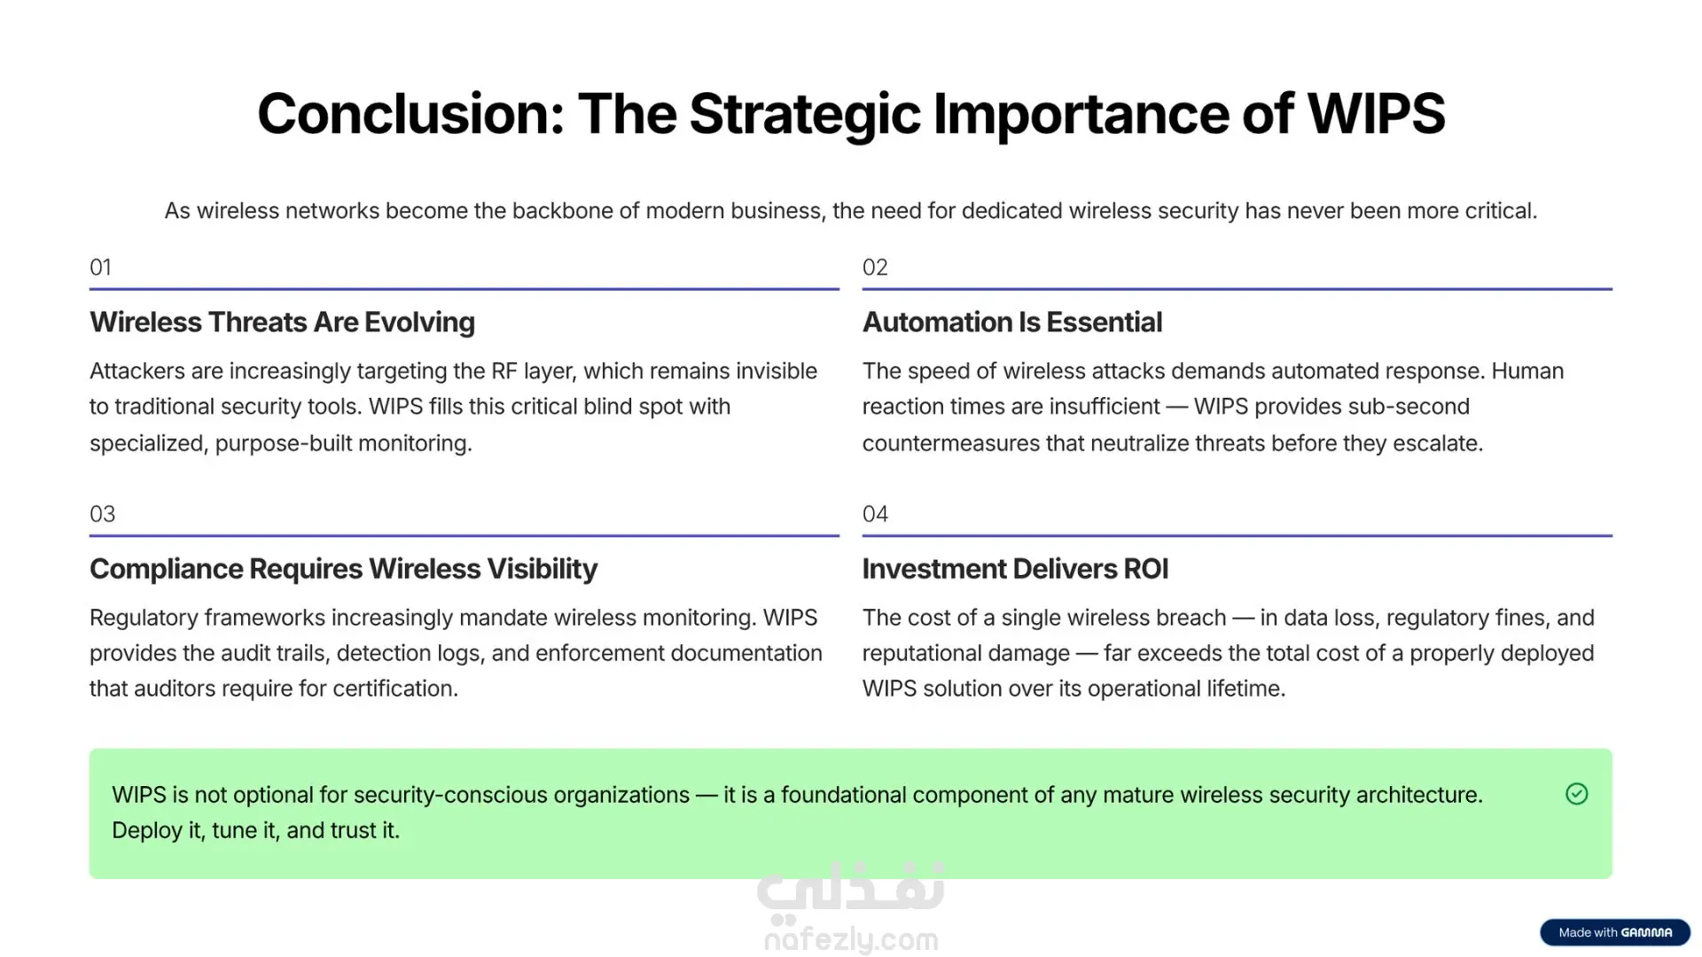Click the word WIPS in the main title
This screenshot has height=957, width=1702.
click(1377, 114)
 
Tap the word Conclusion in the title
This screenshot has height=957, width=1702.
click(410, 114)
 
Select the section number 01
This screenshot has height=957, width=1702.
click(100, 268)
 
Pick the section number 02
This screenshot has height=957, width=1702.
click(875, 268)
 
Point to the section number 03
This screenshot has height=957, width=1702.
click(102, 514)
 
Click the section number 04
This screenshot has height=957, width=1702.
click(875, 514)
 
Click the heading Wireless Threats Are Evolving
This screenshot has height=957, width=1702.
click(282, 323)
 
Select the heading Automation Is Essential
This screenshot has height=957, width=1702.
click(1012, 323)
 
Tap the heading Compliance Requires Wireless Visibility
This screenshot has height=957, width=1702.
click(343, 569)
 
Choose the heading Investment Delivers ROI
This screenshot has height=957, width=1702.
click(1015, 569)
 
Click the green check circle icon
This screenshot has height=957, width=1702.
click(1577, 794)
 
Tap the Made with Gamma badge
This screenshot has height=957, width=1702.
click(1615, 932)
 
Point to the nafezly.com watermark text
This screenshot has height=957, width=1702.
click(851, 939)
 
